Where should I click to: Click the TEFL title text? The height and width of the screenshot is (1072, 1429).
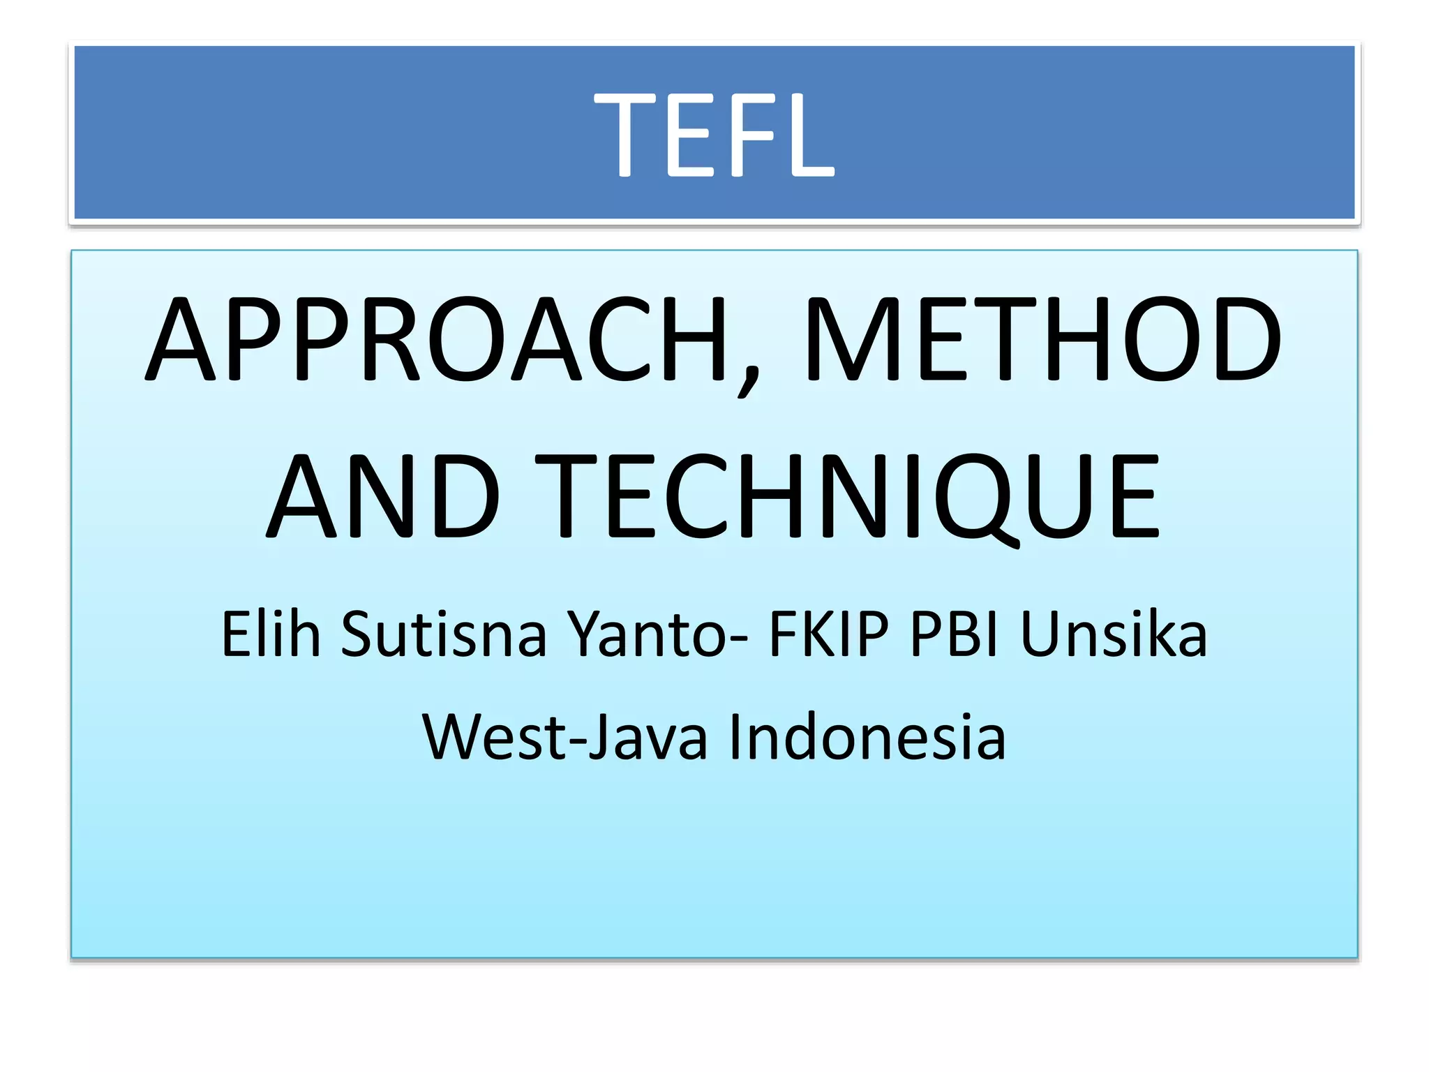tap(714, 134)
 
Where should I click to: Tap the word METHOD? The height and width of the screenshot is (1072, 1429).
tap(1042, 340)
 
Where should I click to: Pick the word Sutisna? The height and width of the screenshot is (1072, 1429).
tap(443, 634)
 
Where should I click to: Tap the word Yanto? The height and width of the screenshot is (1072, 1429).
tap(646, 634)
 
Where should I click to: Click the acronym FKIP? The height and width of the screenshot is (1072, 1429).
tap(829, 634)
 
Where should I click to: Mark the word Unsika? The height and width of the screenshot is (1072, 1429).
tap(1114, 634)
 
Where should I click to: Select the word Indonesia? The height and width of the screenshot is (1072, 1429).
tap(867, 737)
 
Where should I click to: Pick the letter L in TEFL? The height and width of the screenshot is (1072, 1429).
tap(809, 134)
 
